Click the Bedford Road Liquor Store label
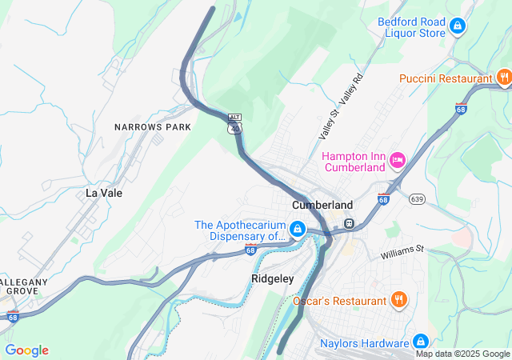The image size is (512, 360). (411, 27)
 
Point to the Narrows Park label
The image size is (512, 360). (153, 127)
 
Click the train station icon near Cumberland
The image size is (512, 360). (349, 223)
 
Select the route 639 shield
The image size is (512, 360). (416, 198)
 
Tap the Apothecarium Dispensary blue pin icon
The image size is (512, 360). (298, 230)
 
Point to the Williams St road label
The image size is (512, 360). (402, 252)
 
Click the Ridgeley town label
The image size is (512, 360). (273, 278)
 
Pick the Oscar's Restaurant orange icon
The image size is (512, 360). (399, 300)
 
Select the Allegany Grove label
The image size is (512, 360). (24, 286)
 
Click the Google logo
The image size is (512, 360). (26, 350)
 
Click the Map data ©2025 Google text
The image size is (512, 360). (462, 354)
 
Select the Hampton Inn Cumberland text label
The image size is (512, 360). (353, 162)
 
